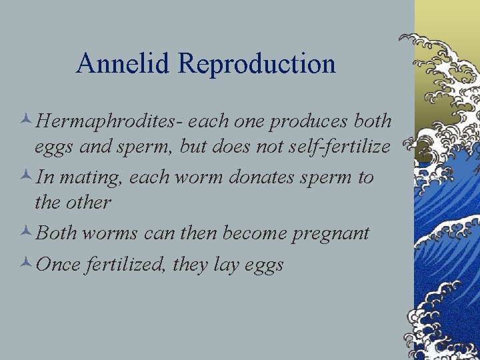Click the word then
pos(199,233)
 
